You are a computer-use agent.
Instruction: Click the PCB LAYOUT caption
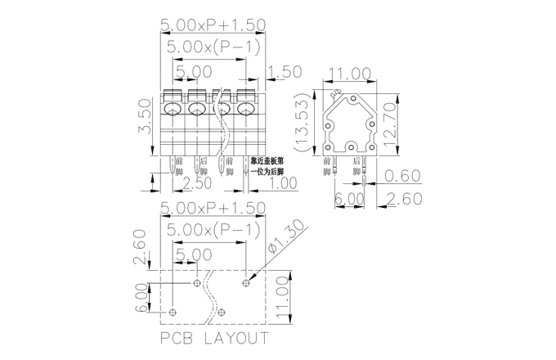pos(214,338)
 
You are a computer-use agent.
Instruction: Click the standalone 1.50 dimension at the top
pos(287,72)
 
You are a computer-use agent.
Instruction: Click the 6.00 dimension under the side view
pos(348,199)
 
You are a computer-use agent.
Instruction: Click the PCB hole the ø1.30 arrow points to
pos(246,282)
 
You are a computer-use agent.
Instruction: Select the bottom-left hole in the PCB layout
pos(173,312)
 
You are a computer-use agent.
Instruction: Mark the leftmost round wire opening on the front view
pos(173,109)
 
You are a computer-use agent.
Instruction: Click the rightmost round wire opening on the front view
pos(245,109)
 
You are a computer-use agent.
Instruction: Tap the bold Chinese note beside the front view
pos(267,166)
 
